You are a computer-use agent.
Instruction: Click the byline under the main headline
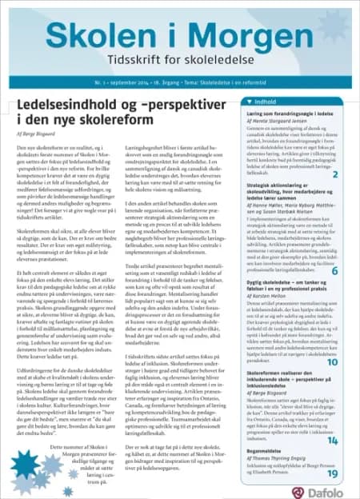click(35, 136)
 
